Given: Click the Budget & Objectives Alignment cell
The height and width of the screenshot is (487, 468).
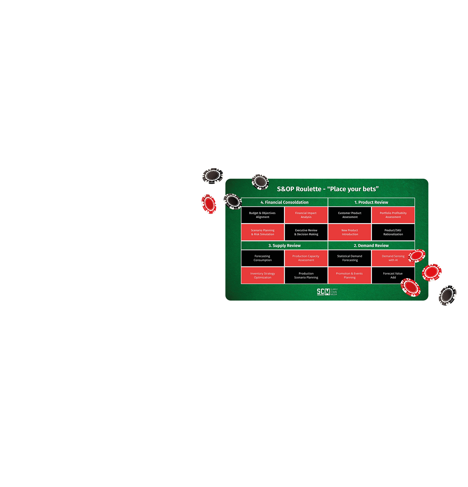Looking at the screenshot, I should [262, 215].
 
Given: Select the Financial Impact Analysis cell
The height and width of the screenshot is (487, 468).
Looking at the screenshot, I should [306, 215].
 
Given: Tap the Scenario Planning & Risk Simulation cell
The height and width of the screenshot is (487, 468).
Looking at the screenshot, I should [262, 232].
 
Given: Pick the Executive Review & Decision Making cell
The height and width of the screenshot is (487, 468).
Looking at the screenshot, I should [306, 232].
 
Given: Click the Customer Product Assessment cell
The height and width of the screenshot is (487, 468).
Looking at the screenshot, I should [349, 215].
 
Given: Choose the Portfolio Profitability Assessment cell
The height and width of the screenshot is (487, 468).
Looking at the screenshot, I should [393, 215].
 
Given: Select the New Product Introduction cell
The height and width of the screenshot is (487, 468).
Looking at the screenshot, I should [349, 232].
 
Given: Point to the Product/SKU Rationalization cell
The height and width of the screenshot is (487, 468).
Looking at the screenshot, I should [393, 232].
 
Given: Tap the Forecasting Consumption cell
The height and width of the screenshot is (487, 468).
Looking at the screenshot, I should [262, 258].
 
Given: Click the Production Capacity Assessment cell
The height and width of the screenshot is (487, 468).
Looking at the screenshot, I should [306, 258].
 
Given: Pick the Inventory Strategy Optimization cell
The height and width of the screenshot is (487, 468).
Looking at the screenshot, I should [262, 275].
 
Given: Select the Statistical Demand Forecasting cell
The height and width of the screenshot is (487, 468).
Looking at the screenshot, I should [349, 258].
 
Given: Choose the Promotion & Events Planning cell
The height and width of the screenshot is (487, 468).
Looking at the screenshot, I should [349, 275].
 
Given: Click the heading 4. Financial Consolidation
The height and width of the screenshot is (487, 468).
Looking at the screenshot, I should [284, 202].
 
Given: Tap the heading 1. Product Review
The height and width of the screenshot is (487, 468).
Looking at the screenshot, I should [371, 202].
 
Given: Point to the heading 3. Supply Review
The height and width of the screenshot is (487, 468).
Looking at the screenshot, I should [284, 246].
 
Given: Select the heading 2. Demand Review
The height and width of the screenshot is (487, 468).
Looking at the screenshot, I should [371, 246].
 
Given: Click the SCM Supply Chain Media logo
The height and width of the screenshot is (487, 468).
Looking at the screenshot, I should [327, 292].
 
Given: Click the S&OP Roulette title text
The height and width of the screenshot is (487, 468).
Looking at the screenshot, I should [328, 189].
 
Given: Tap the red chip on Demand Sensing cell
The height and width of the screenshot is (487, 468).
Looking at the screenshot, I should [417, 256].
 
